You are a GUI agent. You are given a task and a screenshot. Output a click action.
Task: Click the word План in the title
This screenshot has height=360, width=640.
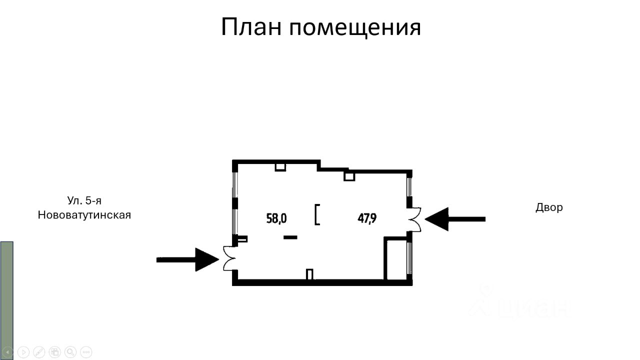[x=252, y=27]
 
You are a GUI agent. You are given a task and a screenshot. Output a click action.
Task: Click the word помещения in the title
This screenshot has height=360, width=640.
[x=355, y=28]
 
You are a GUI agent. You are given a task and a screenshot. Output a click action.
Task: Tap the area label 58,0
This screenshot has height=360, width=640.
[x=276, y=218]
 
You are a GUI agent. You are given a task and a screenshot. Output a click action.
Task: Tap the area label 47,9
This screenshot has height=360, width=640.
[x=367, y=218]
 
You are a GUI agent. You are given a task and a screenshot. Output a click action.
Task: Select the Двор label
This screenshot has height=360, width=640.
[x=549, y=207]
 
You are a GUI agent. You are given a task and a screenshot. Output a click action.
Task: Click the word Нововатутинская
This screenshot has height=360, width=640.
[x=84, y=215]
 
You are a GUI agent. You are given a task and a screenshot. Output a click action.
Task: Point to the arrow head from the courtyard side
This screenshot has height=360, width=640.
[x=436, y=219]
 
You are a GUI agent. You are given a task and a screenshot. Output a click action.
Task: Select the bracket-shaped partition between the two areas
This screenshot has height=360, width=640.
[x=316, y=214]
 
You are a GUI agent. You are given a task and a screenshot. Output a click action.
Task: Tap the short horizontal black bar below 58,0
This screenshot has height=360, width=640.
[x=290, y=237]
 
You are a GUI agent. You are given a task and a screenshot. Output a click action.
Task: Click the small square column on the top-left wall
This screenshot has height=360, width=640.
[x=280, y=166]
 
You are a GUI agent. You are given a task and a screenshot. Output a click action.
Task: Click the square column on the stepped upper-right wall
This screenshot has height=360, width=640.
[x=349, y=175]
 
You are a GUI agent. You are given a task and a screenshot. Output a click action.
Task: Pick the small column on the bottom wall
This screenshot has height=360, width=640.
[x=309, y=274]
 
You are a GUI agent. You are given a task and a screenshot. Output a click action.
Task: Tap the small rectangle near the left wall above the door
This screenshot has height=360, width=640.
[x=242, y=239]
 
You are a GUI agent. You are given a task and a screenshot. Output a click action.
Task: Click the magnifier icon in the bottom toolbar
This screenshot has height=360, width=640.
[x=70, y=351]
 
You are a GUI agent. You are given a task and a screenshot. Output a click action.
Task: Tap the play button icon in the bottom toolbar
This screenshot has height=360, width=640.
[x=23, y=351]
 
